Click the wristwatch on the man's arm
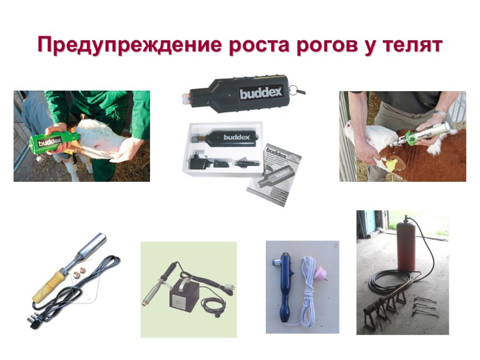tap(440, 113)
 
